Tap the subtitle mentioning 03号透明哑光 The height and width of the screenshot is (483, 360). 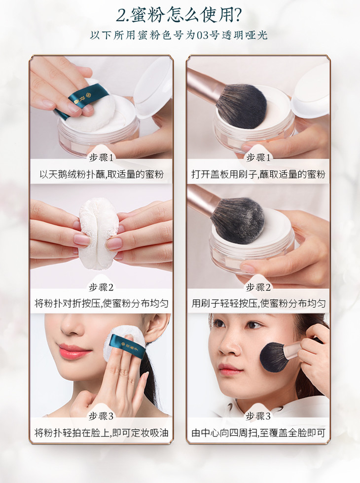click(179, 35)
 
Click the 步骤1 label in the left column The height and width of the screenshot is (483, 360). click(101, 158)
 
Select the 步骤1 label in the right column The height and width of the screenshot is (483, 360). click(258, 158)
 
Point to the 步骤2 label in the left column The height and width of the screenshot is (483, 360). click(101, 288)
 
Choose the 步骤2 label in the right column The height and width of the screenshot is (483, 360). click(258, 288)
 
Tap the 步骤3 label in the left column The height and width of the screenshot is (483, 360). click(101, 416)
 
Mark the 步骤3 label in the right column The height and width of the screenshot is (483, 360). click(258, 416)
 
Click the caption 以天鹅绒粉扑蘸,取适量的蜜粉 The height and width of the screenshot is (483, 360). click(101, 175)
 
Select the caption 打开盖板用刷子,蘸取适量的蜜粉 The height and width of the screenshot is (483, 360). click(258, 175)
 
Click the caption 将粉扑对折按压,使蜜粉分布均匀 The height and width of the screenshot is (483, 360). click(101, 304)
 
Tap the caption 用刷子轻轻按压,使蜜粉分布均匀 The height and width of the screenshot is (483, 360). click(258, 304)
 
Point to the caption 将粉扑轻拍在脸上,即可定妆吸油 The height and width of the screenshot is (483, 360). click(101, 433)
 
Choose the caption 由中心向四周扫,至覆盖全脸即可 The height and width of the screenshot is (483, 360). click(258, 433)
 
